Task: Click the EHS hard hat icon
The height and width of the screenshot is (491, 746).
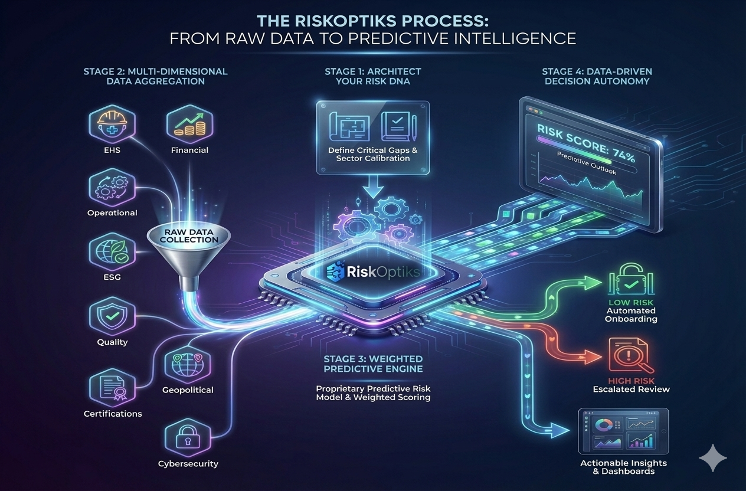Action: pos(112,123)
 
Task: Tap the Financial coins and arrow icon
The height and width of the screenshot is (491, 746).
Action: pos(189,123)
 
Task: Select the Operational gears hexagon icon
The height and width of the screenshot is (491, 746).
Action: pos(112,187)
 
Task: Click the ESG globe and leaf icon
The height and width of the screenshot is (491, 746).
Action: pos(112,252)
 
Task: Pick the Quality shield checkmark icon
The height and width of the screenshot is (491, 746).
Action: pos(112,316)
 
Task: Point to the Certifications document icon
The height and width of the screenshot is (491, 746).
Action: pos(112,387)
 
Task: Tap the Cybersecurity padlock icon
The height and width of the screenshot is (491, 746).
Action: pos(188,438)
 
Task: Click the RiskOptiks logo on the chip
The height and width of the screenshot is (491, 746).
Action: pos(374,272)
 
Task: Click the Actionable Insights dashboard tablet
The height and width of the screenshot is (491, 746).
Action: pos(623,431)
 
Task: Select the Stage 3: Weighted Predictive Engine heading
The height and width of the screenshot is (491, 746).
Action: pos(374,364)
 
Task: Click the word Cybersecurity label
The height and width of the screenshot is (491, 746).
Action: pos(188,464)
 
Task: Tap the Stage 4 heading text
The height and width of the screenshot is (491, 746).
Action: pos(597,76)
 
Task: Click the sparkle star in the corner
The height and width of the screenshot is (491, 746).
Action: pos(713,458)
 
